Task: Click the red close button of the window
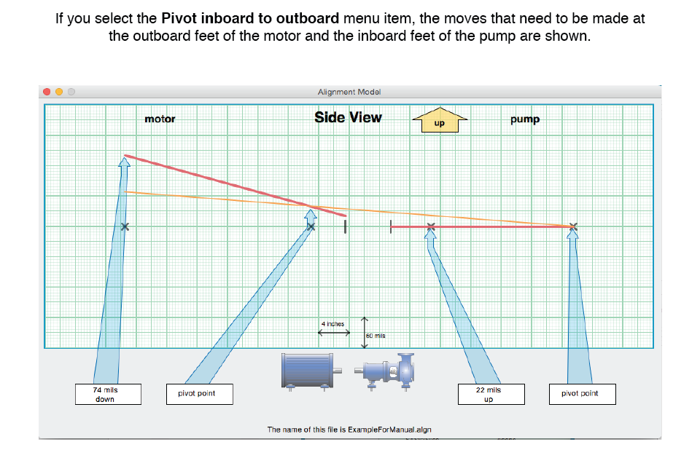[47, 92]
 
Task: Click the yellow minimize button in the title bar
[59, 92]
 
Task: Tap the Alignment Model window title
[349, 92]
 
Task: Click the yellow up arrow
[440, 120]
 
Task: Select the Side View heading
[349, 117]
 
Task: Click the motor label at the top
[160, 119]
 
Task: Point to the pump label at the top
[525, 119]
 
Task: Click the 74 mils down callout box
[108, 394]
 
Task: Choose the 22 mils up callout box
[491, 394]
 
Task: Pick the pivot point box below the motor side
[200, 394]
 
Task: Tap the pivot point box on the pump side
[582, 394]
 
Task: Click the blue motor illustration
[311, 371]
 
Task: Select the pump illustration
[385, 372]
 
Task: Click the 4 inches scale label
[333, 324]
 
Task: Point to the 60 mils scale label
[376, 336]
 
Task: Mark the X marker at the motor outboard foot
[125, 227]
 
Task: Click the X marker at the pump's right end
[573, 227]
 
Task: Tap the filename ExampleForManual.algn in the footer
[389, 430]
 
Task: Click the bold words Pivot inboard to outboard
[250, 18]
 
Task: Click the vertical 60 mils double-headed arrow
[365, 333]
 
